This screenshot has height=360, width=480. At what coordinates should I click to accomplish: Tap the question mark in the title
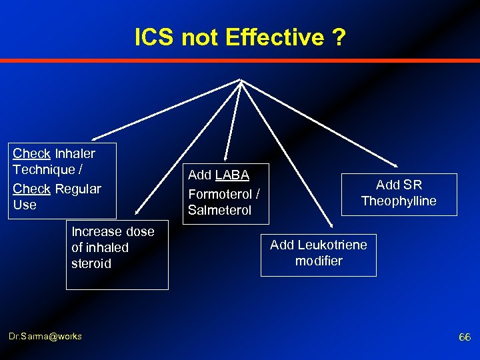point(339,38)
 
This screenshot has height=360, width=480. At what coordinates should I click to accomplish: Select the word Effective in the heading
point(273,38)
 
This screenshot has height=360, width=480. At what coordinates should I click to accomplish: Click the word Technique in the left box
point(43,169)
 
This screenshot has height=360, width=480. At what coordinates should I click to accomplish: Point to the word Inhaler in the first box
point(75,153)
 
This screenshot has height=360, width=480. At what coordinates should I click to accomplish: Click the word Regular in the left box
point(78,189)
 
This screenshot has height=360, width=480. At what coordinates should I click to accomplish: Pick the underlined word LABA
point(232,175)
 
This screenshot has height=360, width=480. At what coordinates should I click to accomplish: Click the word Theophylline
point(399,201)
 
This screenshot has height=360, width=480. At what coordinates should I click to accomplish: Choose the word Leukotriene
point(333,245)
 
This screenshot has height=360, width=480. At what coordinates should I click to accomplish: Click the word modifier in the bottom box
point(319,261)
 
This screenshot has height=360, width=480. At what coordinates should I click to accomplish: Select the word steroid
point(91,263)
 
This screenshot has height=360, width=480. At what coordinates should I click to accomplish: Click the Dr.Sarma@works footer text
point(46,336)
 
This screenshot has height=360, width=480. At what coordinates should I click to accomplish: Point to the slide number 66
point(465,337)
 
